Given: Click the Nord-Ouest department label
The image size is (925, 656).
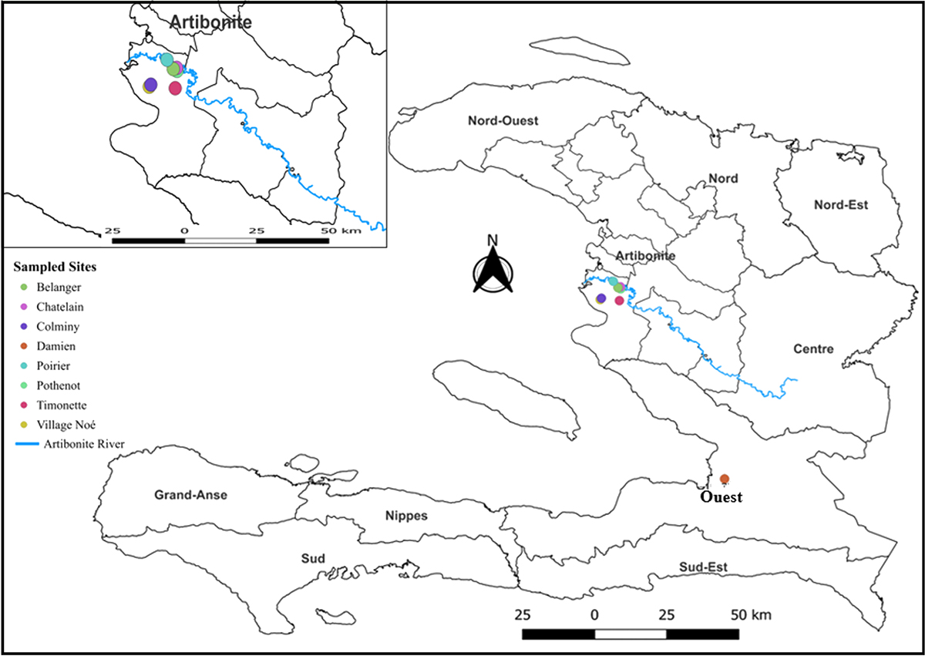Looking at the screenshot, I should point(503,121).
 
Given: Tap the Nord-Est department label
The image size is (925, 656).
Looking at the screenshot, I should point(841,205).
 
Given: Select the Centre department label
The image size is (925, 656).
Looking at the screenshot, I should point(813,349).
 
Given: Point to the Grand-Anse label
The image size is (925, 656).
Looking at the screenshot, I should point(190,495).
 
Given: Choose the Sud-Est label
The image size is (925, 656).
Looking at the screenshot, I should point(703,567).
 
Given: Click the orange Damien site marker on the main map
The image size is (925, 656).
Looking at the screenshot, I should point(725,479).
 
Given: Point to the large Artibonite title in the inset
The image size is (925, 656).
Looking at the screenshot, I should point(210,22).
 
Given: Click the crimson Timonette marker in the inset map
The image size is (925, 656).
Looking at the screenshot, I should point(175,89).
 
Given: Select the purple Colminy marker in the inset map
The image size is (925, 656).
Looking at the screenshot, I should point(150,84).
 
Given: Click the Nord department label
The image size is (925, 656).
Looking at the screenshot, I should point(723,179).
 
